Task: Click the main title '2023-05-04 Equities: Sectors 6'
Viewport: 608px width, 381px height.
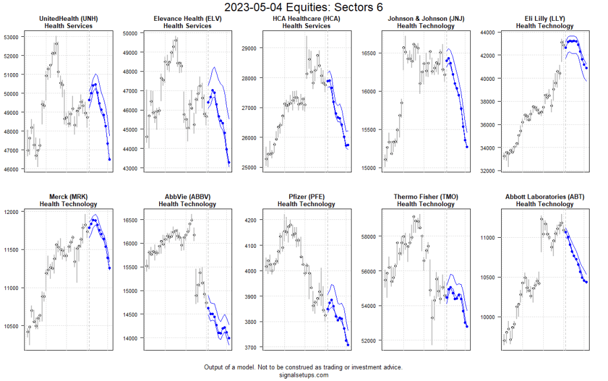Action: pos(303,7)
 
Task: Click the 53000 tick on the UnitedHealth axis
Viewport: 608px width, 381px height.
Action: pos(12,37)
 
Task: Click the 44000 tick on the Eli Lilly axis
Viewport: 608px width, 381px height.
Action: pos(488,32)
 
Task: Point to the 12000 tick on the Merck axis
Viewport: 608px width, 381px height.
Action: pos(12,212)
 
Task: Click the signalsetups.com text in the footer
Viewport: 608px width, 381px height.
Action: pos(303,375)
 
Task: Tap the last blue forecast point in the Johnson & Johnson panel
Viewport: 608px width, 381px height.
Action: pos(467,147)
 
